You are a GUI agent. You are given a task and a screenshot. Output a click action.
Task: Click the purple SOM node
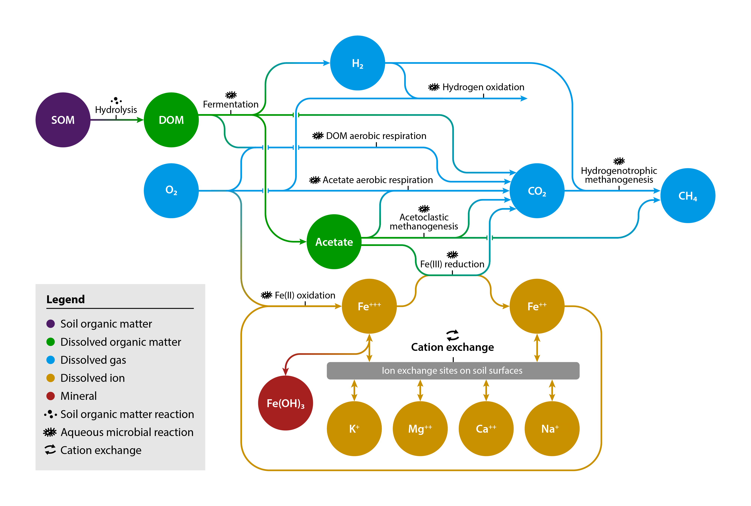[63, 120]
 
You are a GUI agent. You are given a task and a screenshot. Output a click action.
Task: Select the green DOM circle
[171, 120]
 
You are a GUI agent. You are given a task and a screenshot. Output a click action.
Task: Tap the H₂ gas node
[357, 63]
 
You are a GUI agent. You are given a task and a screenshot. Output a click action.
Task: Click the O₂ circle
[171, 191]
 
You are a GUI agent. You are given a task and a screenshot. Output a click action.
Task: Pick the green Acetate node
[334, 242]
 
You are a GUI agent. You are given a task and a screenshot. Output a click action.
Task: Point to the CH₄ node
[688, 195]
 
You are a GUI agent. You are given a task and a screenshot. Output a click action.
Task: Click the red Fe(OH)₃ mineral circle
[285, 403]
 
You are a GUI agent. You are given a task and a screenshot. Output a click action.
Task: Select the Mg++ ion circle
[420, 429]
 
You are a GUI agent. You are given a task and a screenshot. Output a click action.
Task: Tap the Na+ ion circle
[552, 429]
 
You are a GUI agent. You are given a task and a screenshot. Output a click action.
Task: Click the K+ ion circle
[354, 429]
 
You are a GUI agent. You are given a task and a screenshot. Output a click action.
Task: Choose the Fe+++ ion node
[369, 306]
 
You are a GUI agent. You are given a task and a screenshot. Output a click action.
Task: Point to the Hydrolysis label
[116, 110]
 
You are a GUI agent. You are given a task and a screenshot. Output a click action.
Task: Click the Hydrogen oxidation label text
[483, 87]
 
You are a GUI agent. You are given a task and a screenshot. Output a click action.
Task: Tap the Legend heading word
[66, 299]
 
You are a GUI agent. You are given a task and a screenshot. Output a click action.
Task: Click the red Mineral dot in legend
[51, 396]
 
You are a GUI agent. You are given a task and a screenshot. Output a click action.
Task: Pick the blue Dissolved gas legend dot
[51, 360]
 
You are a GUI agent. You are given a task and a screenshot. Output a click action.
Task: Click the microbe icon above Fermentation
[231, 95]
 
